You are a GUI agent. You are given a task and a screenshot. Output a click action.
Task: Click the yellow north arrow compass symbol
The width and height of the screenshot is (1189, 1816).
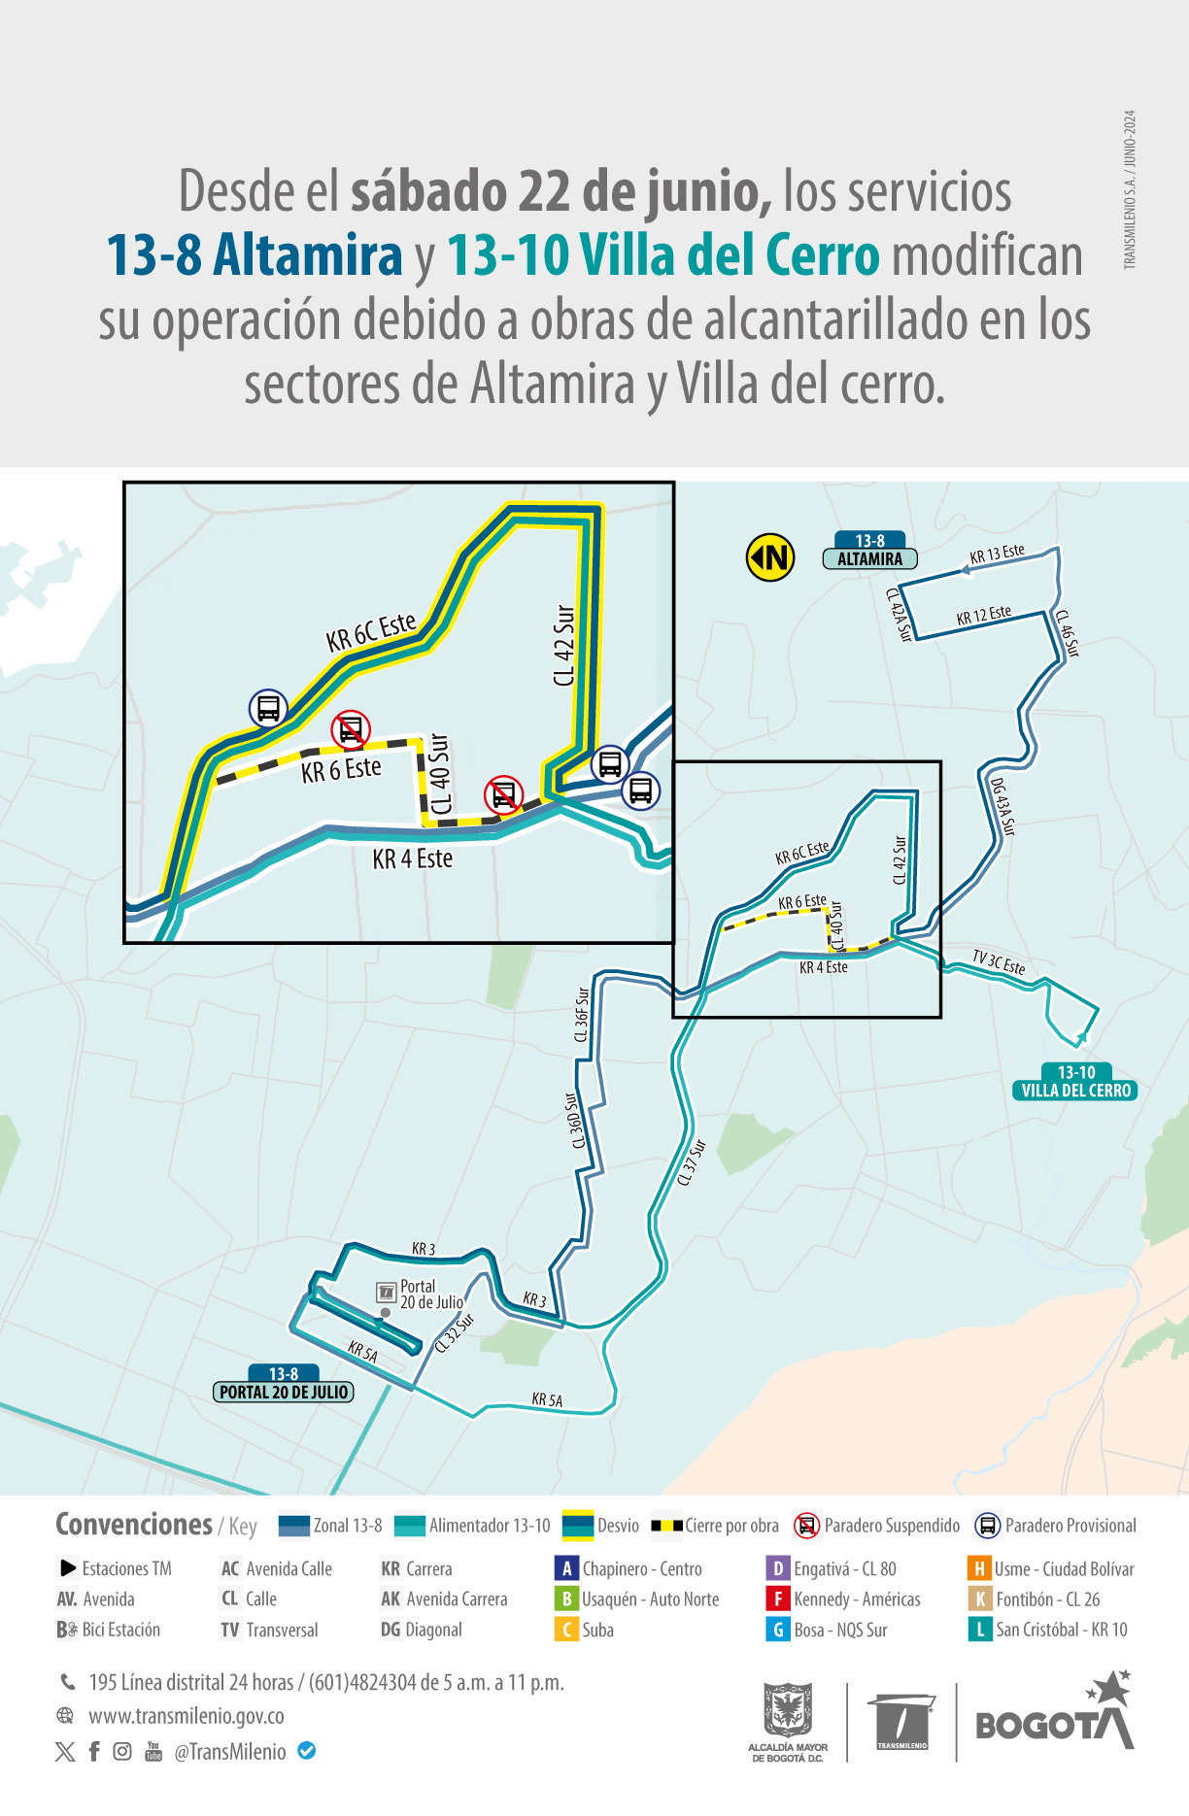click(770, 557)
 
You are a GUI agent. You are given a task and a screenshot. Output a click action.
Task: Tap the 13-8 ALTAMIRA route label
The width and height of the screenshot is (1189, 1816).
click(870, 551)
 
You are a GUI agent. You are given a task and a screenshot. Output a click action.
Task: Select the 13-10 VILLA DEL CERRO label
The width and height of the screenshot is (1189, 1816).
click(1076, 1082)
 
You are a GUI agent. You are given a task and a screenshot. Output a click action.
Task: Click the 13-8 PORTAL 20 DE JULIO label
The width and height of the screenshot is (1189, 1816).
click(284, 1384)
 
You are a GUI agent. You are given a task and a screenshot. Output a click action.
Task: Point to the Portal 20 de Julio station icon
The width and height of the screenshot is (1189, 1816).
click(387, 1292)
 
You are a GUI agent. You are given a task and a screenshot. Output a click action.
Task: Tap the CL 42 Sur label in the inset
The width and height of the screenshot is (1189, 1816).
click(563, 646)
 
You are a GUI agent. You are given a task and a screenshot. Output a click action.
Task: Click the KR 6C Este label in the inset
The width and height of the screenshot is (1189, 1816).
click(371, 632)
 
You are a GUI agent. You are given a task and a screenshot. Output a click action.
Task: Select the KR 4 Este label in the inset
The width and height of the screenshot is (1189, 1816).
click(413, 859)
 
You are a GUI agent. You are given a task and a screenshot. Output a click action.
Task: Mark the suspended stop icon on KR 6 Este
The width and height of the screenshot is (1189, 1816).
click(351, 729)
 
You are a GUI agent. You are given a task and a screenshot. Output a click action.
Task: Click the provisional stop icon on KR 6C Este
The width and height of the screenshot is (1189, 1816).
click(268, 708)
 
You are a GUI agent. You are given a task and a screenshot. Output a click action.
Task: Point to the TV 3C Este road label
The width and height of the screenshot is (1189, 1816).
click(999, 962)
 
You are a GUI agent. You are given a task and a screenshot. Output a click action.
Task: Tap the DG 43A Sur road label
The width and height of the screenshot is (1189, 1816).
click(1002, 806)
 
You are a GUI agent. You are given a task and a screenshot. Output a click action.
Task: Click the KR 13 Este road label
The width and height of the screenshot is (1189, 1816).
click(998, 555)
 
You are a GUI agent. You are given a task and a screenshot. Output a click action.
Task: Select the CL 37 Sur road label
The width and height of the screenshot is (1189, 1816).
click(691, 1162)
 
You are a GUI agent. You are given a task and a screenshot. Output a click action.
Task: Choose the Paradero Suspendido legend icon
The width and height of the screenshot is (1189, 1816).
click(806, 1526)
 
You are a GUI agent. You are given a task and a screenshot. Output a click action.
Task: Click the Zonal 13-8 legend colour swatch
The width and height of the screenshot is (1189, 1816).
click(293, 1526)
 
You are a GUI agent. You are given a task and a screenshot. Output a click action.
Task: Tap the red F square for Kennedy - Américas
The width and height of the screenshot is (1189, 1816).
click(777, 1598)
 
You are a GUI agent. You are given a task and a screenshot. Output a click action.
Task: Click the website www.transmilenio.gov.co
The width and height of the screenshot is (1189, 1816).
click(187, 1716)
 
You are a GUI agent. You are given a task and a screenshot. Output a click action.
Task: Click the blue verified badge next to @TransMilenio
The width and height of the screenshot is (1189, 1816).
click(307, 1751)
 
